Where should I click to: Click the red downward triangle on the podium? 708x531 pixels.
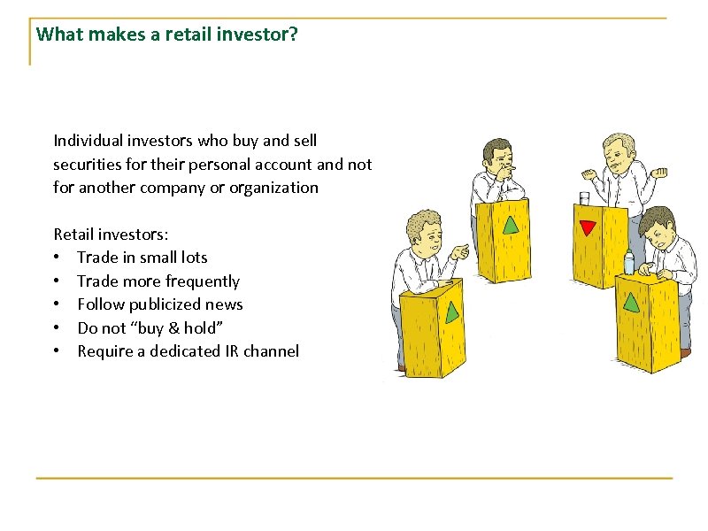[587, 227]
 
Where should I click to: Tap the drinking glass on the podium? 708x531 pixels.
[584, 198]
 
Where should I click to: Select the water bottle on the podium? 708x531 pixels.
[629, 262]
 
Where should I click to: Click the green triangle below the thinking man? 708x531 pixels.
[511, 224]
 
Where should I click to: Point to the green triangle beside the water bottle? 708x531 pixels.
[632, 301]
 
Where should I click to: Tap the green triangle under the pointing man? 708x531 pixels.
[452, 312]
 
